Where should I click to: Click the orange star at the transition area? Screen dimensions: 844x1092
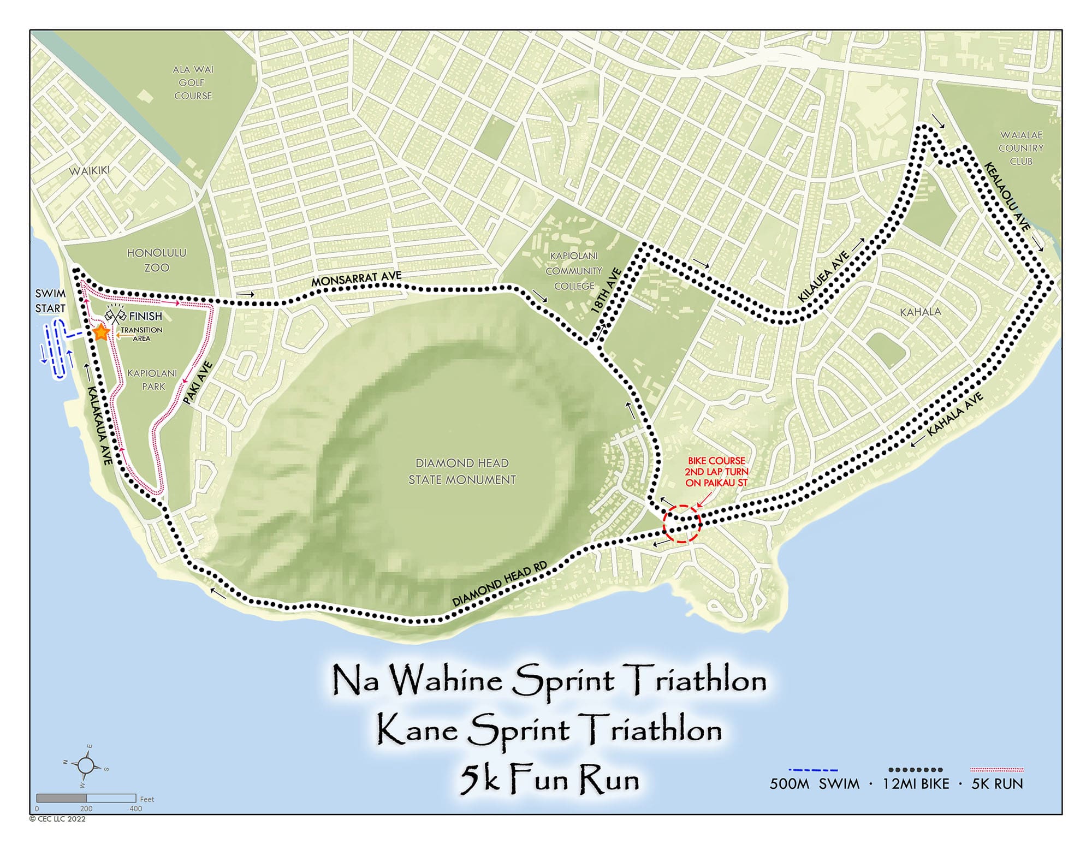[101, 332]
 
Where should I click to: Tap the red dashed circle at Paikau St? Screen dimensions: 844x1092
[681, 524]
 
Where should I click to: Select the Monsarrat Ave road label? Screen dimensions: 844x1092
[356, 279]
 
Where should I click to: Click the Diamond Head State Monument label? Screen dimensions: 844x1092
[462, 471]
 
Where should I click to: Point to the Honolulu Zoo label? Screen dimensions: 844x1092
[157, 260]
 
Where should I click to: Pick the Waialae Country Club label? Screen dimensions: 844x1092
[1020, 148]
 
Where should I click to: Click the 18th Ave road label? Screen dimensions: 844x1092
[607, 290]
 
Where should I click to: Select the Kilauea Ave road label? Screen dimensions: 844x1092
[824, 276]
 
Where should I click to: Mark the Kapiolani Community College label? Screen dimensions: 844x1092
[574, 271]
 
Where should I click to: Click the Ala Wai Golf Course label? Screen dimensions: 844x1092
[193, 82]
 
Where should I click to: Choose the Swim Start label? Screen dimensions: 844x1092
[50, 301]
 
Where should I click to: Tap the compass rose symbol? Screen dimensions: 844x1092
[86, 765]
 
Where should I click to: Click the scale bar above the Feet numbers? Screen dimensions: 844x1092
[86, 798]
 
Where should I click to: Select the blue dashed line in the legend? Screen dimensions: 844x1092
[813, 770]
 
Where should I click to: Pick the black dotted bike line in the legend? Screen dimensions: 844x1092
[915, 770]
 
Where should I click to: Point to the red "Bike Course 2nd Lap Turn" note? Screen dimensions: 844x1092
[716, 472]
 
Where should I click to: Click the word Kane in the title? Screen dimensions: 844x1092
[417, 730]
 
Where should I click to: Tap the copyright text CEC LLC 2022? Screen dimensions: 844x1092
[57, 819]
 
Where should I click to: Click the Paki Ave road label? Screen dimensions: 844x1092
[197, 383]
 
